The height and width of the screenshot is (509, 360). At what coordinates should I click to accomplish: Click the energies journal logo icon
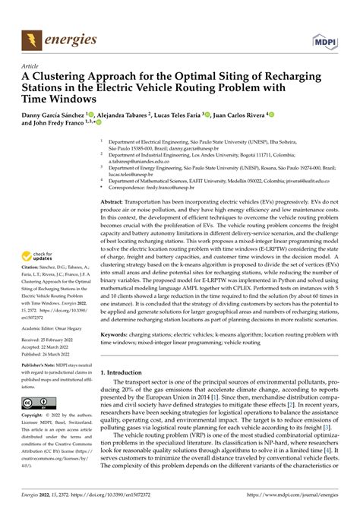(x=31, y=38)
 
